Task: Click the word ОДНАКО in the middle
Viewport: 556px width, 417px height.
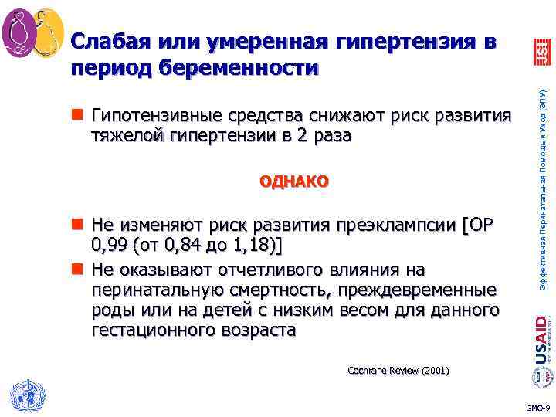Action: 294,182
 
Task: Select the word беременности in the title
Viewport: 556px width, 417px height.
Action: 239,68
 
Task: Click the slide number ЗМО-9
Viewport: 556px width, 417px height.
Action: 537,407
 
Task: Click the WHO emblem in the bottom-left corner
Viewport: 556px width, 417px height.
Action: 23,395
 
